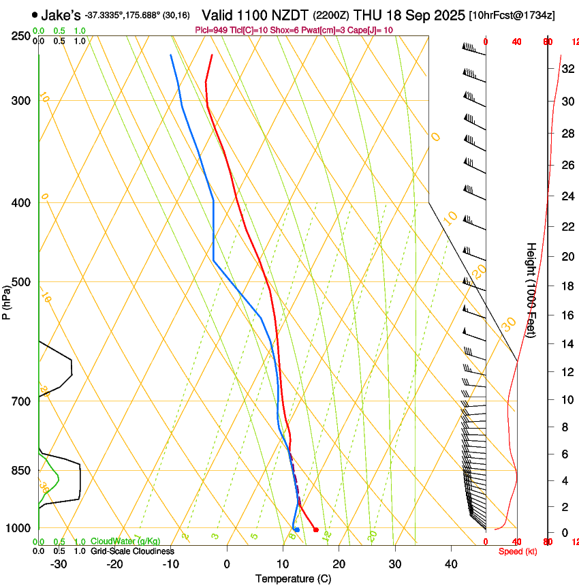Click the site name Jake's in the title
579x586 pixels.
[x=61, y=14]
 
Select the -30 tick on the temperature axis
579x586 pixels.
[x=59, y=564]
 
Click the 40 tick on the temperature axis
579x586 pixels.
[x=450, y=564]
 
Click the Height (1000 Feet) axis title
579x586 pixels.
[x=531, y=290]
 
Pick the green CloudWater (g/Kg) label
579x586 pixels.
[x=125, y=542]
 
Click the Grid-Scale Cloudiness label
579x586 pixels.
[x=132, y=551]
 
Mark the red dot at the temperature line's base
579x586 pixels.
[x=315, y=529]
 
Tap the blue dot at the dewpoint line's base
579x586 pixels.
[x=296, y=529]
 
